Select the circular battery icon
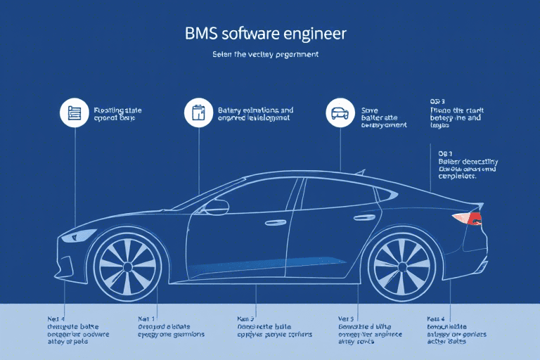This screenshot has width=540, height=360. click(198, 112)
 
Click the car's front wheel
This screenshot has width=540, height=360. click(127, 266)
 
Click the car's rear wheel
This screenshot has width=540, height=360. click(401, 266)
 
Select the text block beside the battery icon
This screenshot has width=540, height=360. click(255, 115)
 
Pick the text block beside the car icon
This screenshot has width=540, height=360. click(383, 117)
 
